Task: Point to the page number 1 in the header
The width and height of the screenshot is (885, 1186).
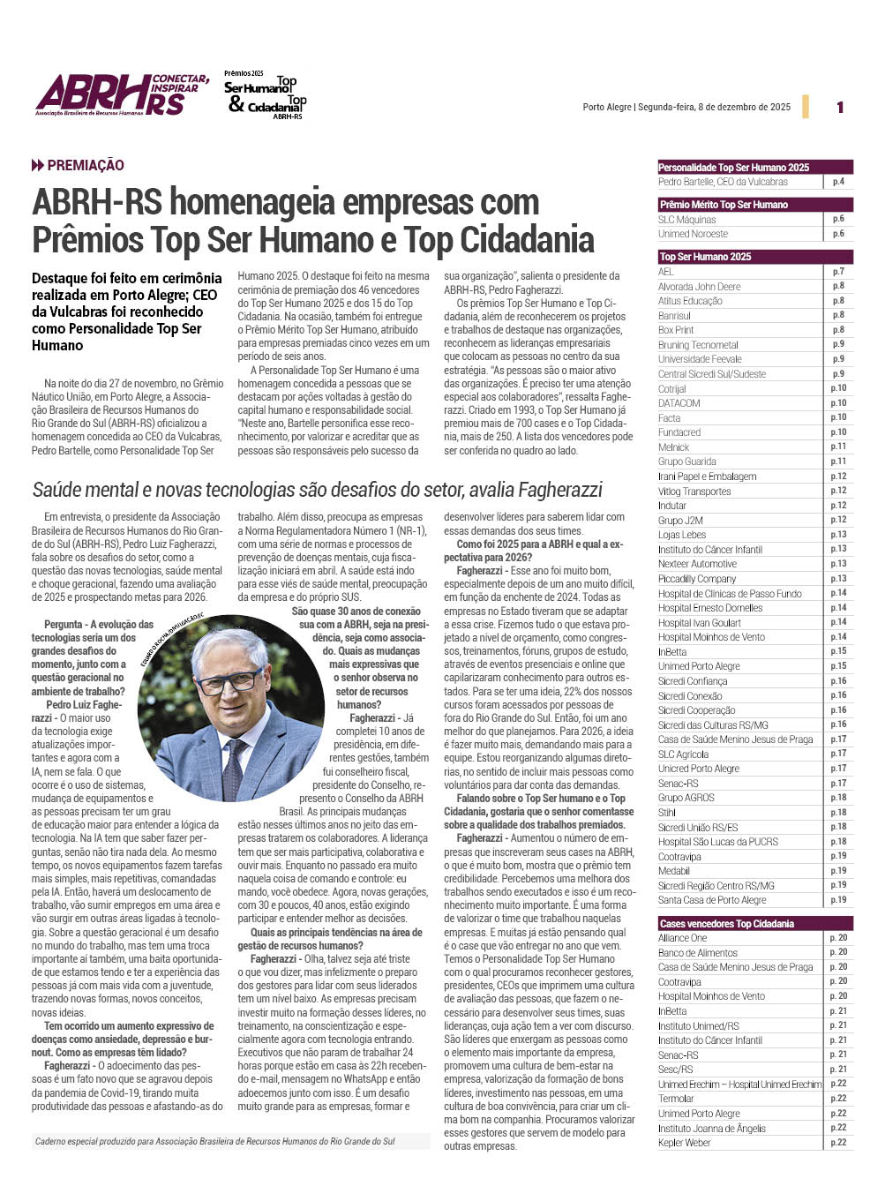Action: tap(840, 108)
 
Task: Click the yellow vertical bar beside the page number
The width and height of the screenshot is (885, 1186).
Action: tap(806, 107)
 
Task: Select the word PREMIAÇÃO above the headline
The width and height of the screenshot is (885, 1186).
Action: tap(86, 166)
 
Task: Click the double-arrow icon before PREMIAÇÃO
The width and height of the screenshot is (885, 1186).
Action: tap(38, 166)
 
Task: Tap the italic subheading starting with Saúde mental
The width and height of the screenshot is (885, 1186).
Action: tap(318, 490)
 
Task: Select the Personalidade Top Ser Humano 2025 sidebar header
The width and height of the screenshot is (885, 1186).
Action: tap(734, 167)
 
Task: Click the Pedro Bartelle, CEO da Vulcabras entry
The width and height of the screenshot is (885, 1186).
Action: tap(723, 182)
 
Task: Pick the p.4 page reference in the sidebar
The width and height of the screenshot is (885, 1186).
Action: tap(838, 182)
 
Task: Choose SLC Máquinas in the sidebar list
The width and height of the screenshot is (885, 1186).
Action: tap(687, 220)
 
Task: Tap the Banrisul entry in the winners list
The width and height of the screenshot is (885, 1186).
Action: tap(675, 316)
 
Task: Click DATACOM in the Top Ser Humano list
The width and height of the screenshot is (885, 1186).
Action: tap(679, 403)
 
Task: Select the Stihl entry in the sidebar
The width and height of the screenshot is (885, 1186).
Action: tap(667, 813)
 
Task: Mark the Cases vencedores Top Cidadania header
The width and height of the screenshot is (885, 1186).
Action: tap(727, 924)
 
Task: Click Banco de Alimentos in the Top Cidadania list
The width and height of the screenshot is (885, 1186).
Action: tap(698, 953)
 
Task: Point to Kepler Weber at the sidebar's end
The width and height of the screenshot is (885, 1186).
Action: tap(685, 1143)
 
